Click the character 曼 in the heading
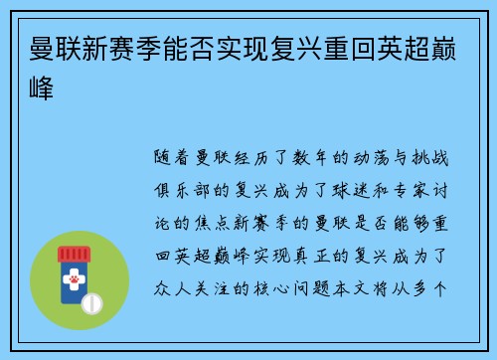point(46,48)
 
